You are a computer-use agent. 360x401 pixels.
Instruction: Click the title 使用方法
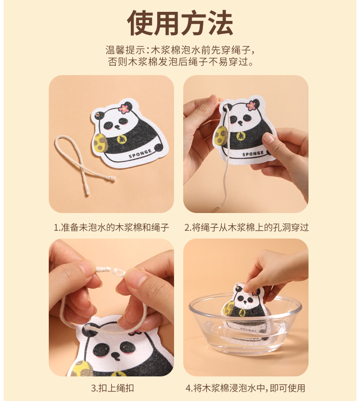click(180, 23)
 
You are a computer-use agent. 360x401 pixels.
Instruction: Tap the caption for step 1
click(111, 227)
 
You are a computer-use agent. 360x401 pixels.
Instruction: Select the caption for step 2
click(247, 227)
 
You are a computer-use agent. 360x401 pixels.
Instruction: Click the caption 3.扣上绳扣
click(113, 388)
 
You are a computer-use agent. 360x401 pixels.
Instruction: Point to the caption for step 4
click(245, 388)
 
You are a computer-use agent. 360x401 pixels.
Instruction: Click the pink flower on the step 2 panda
click(252, 105)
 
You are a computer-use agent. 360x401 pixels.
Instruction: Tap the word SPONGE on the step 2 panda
click(253, 154)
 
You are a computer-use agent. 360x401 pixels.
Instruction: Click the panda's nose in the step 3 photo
click(116, 355)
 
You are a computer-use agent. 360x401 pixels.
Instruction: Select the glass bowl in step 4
click(245, 324)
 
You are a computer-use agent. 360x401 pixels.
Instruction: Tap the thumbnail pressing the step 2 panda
click(268, 139)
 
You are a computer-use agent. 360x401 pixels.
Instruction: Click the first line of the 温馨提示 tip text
click(180, 50)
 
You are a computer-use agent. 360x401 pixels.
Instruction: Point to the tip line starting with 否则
click(180, 62)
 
